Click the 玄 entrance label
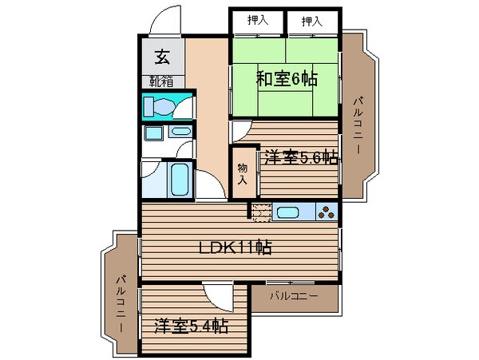[x=162, y=57]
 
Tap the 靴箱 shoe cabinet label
[x=162, y=81]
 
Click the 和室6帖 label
[x=286, y=78]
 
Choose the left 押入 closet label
[x=257, y=22]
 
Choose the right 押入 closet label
[x=313, y=22]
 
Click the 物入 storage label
[x=242, y=174]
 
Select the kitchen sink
[x=287, y=212]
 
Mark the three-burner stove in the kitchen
[x=326, y=212]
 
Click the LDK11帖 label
[x=236, y=248]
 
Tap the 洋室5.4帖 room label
[x=191, y=326]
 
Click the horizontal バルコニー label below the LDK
[x=293, y=296]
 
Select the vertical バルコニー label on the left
[x=121, y=304]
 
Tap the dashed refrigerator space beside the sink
[x=262, y=212]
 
